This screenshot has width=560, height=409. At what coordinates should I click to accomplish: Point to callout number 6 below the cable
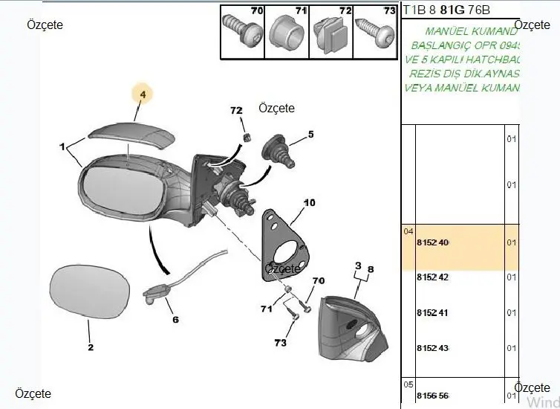[x=175, y=320]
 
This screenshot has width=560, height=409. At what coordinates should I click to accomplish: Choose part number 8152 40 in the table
[x=433, y=243]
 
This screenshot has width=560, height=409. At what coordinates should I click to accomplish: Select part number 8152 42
[x=433, y=277]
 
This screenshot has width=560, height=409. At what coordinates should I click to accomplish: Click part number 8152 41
[x=433, y=313]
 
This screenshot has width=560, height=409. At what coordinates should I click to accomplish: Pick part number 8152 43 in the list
[x=433, y=349]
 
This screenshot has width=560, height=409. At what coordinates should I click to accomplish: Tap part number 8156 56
[x=433, y=396]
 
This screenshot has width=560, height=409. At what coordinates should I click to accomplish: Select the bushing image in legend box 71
[x=285, y=34]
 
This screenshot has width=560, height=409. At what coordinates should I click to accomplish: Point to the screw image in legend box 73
[x=374, y=33]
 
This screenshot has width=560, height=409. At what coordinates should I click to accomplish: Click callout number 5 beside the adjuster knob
[x=311, y=135]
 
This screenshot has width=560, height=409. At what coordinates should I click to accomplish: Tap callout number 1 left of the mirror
[x=63, y=146]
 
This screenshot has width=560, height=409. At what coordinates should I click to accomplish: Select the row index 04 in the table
[x=408, y=231]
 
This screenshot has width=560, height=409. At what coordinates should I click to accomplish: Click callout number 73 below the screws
[x=279, y=343]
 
